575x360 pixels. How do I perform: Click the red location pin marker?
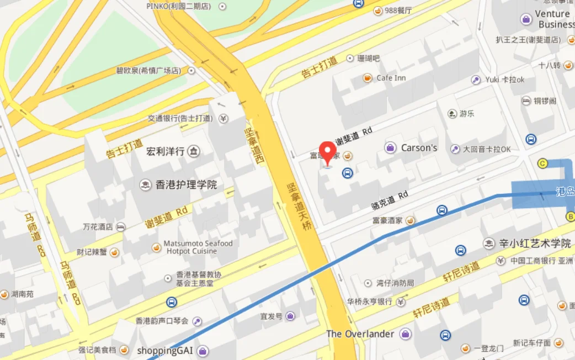(x=328, y=152)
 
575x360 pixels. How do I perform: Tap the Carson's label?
(x=419, y=147)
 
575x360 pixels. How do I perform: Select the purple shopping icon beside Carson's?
(x=390, y=147)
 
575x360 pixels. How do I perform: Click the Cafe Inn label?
(x=391, y=78)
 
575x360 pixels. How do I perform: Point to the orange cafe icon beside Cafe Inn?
(x=367, y=78)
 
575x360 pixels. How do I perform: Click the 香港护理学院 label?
(x=186, y=185)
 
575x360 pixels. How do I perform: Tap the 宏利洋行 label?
(x=165, y=151)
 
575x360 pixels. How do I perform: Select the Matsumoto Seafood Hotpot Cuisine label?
(x=198, y=247)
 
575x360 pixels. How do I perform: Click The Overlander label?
(x=360, y=333)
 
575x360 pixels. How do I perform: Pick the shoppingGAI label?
(x=164, y=350)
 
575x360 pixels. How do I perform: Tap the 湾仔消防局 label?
(x=395, y=283)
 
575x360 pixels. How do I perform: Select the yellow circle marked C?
(x=542, y=163)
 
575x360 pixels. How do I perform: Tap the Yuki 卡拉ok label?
(x=504, y=80)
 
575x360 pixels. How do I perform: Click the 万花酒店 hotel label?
(x=98, y=226)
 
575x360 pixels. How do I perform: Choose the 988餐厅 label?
(x=398, y=10)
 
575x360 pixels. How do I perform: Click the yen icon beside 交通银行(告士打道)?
(x=223, y=118)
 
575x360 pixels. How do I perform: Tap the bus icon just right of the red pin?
(x=347, y=173)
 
